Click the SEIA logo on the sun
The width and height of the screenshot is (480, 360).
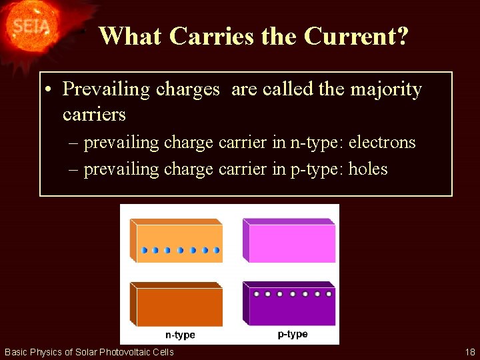coord(30,26)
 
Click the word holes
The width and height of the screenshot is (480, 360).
coord(367,169)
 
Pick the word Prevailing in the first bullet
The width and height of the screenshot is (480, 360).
coord(107,89)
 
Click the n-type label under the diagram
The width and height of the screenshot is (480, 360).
coord(180,334)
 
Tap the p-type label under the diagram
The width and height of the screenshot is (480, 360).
coord(293,334)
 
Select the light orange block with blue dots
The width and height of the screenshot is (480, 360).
coord(177,241)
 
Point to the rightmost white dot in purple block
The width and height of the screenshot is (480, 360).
coord(329,293)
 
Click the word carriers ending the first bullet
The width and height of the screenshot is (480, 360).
coord(94,115)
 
